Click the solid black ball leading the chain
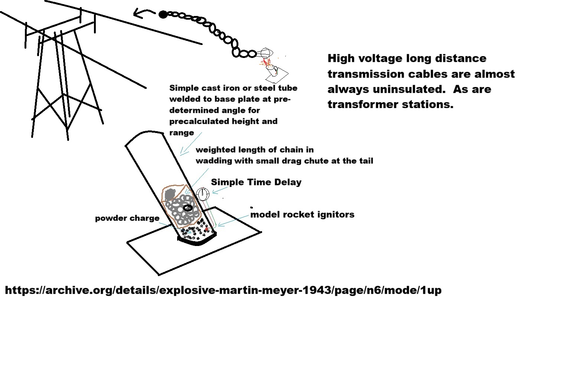coord(163,14)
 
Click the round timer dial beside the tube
coord(203,194)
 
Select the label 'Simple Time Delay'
coord(256,182)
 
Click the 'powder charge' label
coord(127,218)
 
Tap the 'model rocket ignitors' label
coord(302,214)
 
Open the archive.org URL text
coord(223,290)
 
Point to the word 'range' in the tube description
coord(182,133)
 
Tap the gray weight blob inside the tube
coord(170,195)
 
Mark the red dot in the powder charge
coord(206,229)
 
